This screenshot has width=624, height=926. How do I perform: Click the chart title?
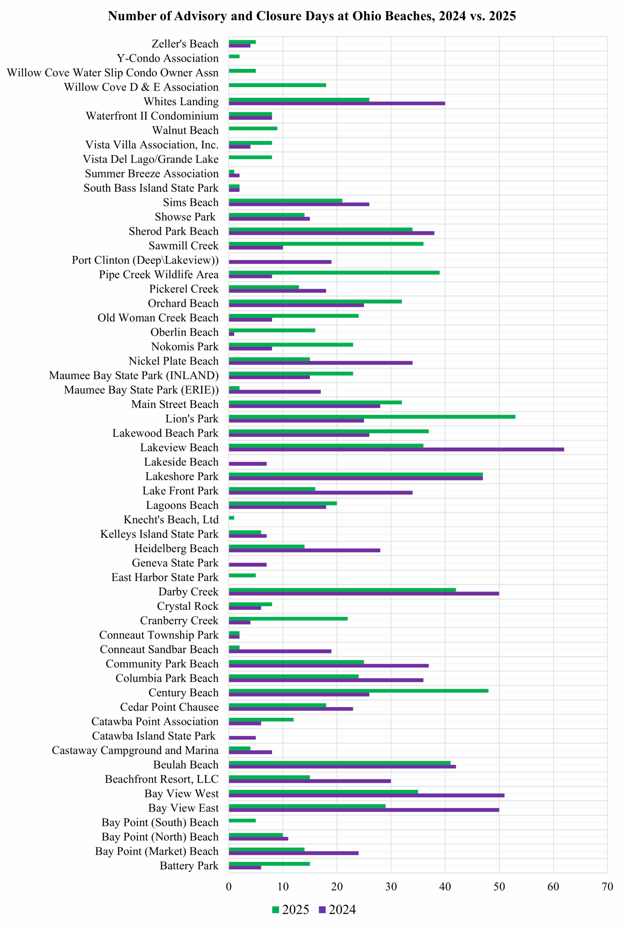coord(311,16)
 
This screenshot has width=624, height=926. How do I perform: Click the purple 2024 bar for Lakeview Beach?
coord(396,449)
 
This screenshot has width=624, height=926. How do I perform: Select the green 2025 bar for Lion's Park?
coord(372,417)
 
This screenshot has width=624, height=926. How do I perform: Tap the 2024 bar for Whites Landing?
coord(337,103)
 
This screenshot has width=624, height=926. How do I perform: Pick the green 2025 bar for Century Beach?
coord(358,691)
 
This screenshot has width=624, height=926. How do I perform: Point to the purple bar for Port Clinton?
coord(280,262)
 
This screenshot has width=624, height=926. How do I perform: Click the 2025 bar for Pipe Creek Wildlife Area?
coord(334,273)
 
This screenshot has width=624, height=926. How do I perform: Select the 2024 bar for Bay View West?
coord(366,795)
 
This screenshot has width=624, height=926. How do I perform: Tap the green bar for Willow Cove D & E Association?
coord(277,85)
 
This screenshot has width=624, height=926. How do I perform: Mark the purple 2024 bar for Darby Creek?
coord(364,593)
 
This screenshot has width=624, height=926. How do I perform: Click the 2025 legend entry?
coord(291,910)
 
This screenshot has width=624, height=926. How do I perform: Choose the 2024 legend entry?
coord(338,910)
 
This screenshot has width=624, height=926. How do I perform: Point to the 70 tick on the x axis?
coord(607,887)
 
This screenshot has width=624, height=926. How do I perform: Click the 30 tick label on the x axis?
coord(391,887)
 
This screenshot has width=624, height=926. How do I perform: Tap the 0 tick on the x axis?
coord(229,887)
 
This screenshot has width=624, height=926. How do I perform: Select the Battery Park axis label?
coord(189,866)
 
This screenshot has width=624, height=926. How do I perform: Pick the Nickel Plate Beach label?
coord(174,361)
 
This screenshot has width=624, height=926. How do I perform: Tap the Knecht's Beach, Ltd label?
coord(171,520)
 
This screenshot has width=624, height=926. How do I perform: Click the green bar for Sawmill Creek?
coord(326,243)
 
